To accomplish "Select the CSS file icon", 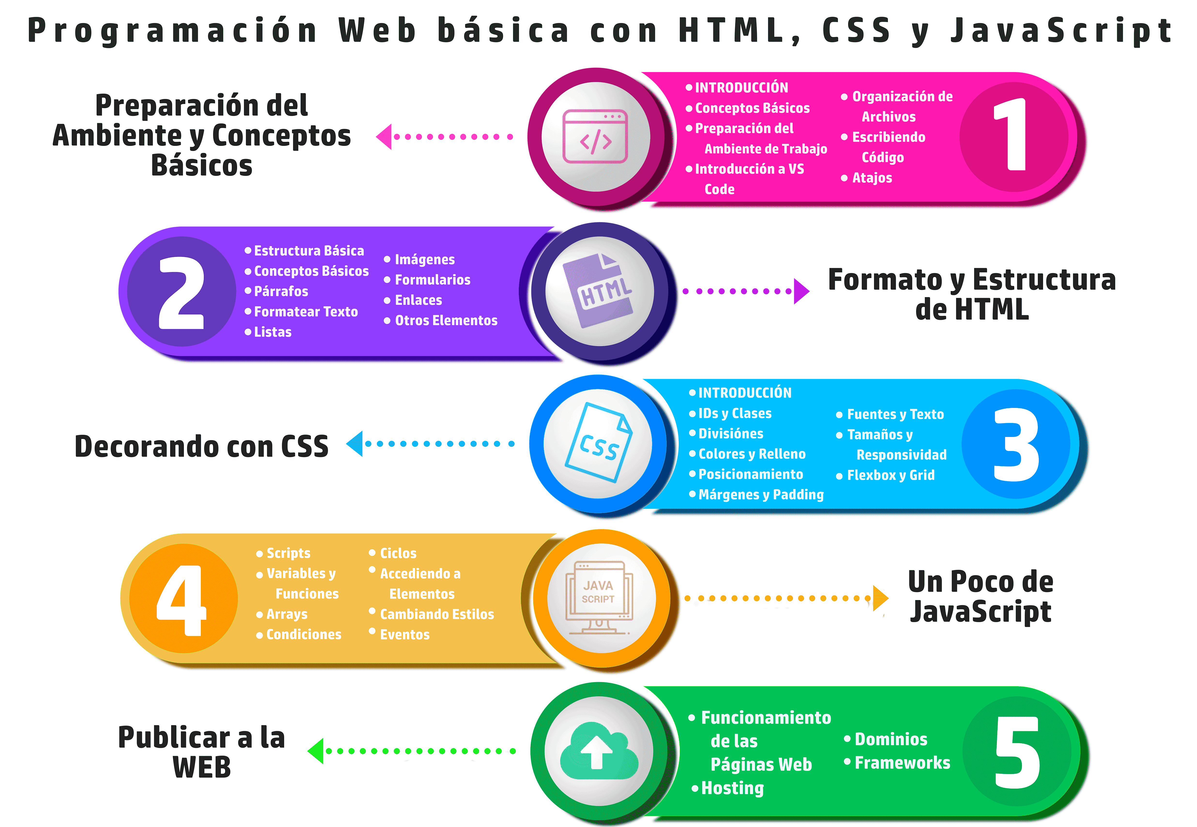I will click(x=599, y=443).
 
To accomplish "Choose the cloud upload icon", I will click(x=599, y=751).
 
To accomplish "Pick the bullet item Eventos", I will click(x=405, y=635).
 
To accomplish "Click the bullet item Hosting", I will click(x=732, y=788).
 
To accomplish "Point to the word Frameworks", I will click(x=902, y=763).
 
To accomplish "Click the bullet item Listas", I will click(x=272, y=332).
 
